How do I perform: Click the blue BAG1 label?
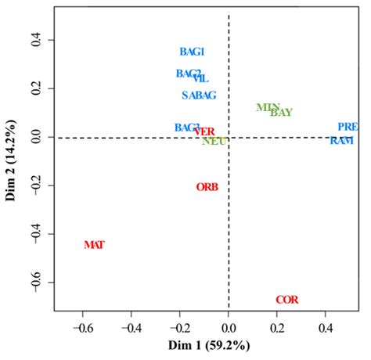(x=192, y=52)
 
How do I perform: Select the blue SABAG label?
(x=199, y=95)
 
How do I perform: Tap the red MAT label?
(x=94, y=245)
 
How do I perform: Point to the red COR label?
(x=286, y=300)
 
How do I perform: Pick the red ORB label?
(x=207, y=187)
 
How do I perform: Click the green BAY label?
(x=281, y=113)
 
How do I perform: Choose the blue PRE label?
(x=348, y=126)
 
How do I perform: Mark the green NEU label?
(x=214, y=142)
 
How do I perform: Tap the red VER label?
(x=204, y=131)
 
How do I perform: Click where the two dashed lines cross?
(x=229, y=138)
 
